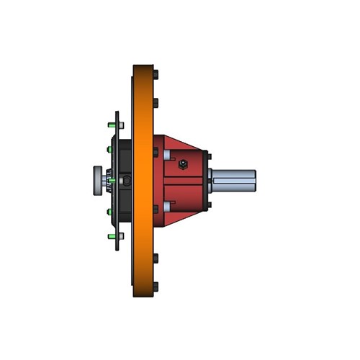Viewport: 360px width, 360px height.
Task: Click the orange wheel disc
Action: (143, 180)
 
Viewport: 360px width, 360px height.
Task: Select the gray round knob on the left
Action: (97, 179)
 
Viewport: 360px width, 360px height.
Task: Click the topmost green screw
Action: (111, 125)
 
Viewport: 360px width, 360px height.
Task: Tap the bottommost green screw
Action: (111, 235)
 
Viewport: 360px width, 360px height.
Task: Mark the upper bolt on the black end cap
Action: (208, 154)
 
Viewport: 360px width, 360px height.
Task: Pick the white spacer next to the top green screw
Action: (121, 125)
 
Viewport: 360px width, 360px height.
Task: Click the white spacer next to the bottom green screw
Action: (121, 235)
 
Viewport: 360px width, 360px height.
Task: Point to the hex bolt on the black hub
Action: (127, 180)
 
